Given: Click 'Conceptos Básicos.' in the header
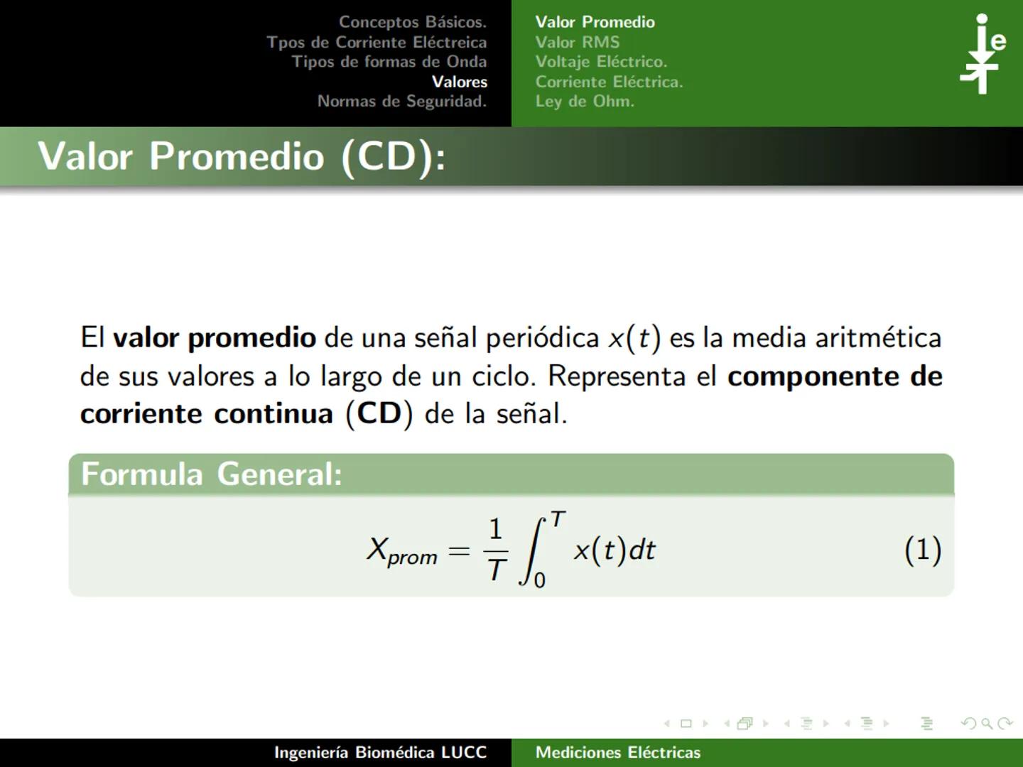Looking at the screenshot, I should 412,22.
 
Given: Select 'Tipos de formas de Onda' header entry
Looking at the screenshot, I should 389,62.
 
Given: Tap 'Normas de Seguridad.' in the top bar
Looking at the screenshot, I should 402,102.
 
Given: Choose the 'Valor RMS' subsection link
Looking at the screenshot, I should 578,42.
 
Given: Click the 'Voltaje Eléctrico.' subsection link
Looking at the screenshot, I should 601,62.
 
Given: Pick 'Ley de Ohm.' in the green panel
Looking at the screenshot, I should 585,102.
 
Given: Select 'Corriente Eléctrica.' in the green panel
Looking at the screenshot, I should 609,82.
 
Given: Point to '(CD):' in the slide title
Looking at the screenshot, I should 394,156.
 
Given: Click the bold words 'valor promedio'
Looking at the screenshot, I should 215,338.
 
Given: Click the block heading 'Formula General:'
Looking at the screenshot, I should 212,474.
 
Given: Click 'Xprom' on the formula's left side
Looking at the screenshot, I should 402,551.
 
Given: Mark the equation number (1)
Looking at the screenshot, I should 923,550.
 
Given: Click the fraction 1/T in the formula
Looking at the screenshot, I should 496,550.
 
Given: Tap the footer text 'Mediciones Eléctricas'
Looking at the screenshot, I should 618,753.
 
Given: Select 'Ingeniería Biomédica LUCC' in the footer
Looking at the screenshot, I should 381,753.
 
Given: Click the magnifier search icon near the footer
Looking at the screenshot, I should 987,724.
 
